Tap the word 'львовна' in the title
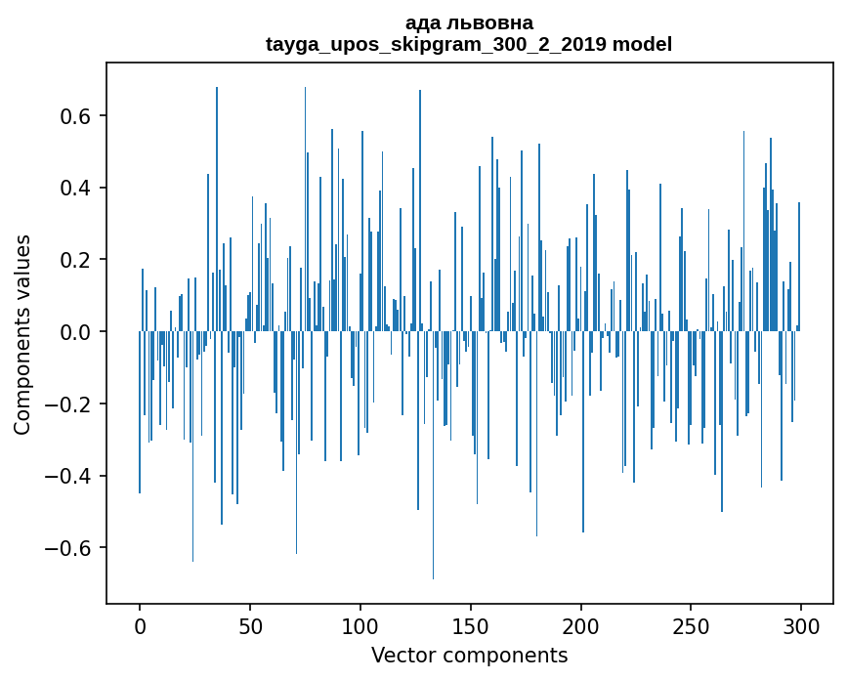(492, 22)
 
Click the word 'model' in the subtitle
(643, 44)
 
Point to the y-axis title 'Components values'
(22, 334)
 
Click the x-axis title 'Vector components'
(469, 656)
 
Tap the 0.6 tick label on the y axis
(75, 116)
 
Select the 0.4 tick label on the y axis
(75, 188)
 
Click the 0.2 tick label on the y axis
(75, 260)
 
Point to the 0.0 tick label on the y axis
(75, 332)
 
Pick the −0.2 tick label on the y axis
(68, 404)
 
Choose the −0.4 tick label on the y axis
(68, 476)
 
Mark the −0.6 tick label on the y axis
(68, 548)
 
